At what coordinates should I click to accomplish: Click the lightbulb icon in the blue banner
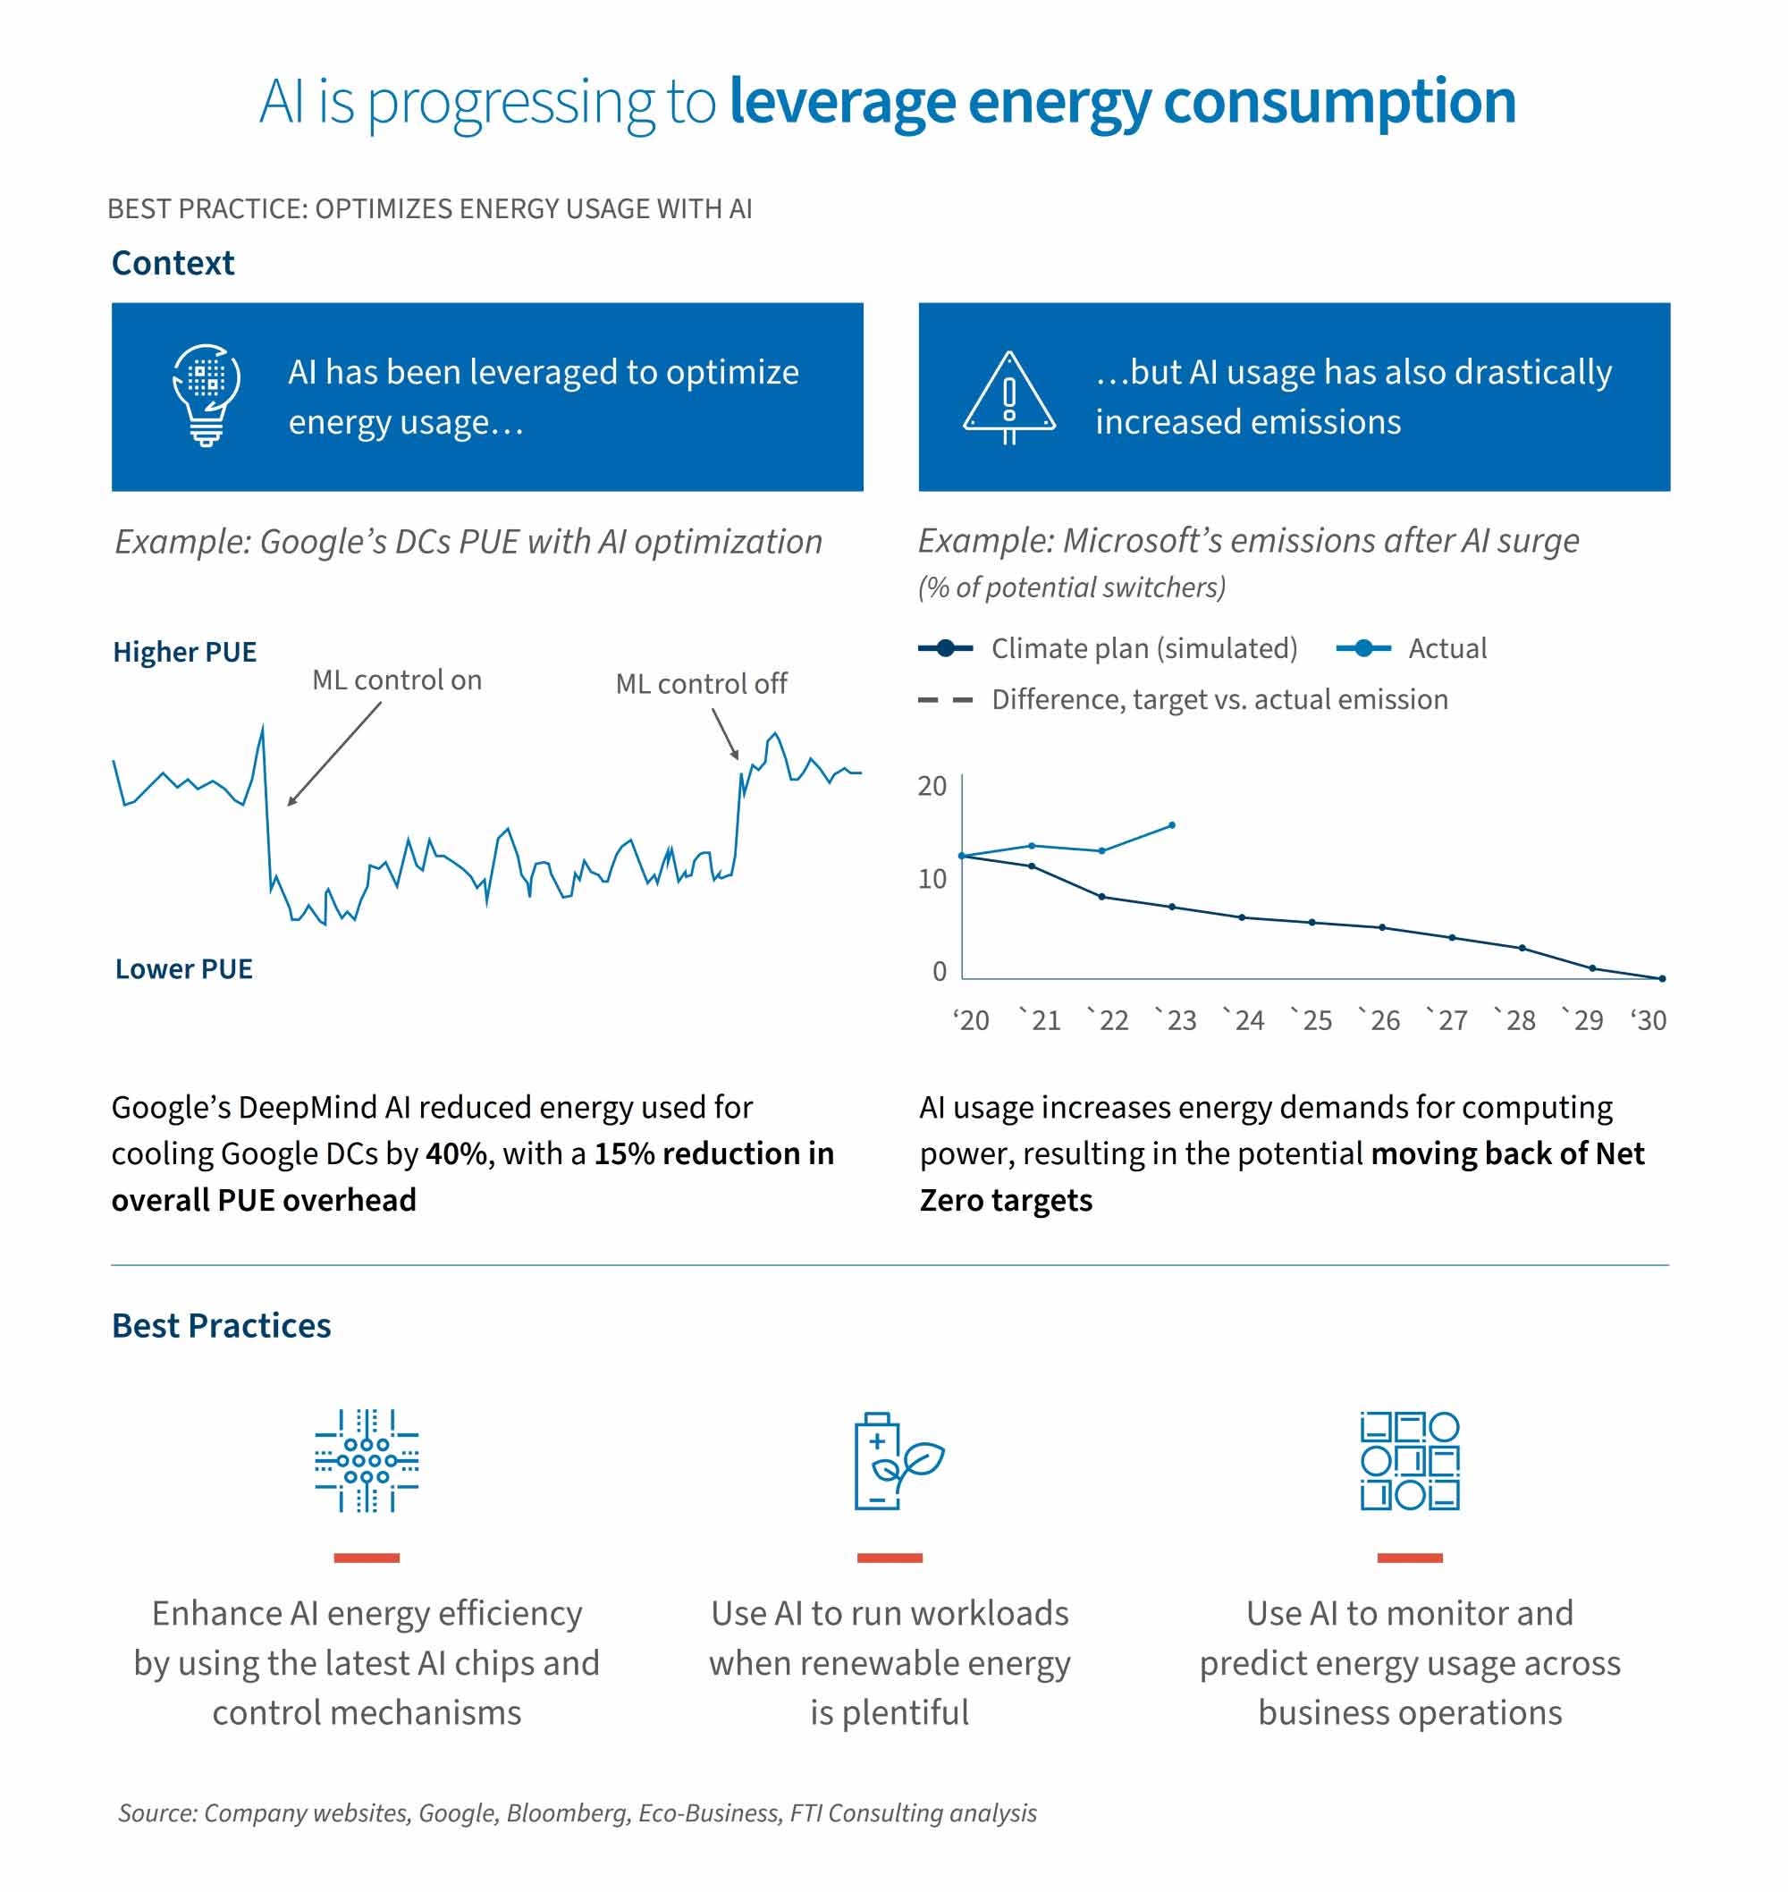coord(206,394)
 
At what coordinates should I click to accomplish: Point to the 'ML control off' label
coord(701,683)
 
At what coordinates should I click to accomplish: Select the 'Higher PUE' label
coord(184,652)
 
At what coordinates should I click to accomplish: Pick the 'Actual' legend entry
coord(1446,648)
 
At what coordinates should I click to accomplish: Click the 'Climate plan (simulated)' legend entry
coord(1143,648)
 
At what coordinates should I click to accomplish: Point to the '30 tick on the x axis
coord(1648,1021)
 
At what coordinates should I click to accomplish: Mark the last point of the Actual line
coord(1171,825)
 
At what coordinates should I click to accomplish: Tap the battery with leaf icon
coord(896,1460)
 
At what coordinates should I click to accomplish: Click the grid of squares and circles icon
coord(1409,1460)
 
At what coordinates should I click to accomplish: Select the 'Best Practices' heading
coord(221,1326)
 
